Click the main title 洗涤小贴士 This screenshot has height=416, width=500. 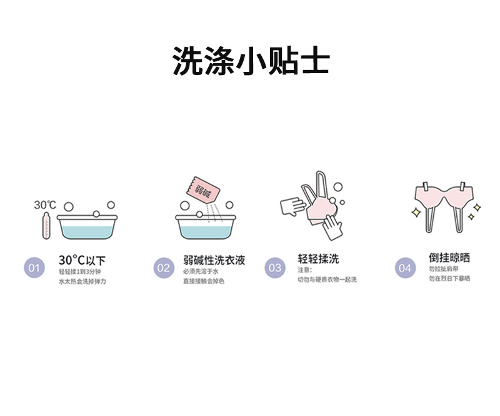[250, 61]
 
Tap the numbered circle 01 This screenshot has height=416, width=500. [34, 269]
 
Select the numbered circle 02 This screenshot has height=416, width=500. [163, 269]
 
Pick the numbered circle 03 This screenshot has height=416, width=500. [275, 269]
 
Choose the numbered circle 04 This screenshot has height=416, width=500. [405, 269]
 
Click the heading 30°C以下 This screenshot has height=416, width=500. [82, 260]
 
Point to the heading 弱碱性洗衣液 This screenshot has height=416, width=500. [214, 260]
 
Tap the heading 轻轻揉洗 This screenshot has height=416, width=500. [319, 260]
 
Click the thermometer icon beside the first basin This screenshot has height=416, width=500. [45, 226]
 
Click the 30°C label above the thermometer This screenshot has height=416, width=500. [45, 205]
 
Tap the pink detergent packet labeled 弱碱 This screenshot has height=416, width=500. [201, 188]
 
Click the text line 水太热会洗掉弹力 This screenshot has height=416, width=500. [82, 282]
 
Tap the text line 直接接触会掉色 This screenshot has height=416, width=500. [204, 282]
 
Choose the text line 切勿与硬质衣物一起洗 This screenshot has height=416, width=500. [327, 280]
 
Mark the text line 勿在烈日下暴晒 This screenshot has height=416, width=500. [449, 279]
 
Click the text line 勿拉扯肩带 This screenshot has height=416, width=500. [444, 269]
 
